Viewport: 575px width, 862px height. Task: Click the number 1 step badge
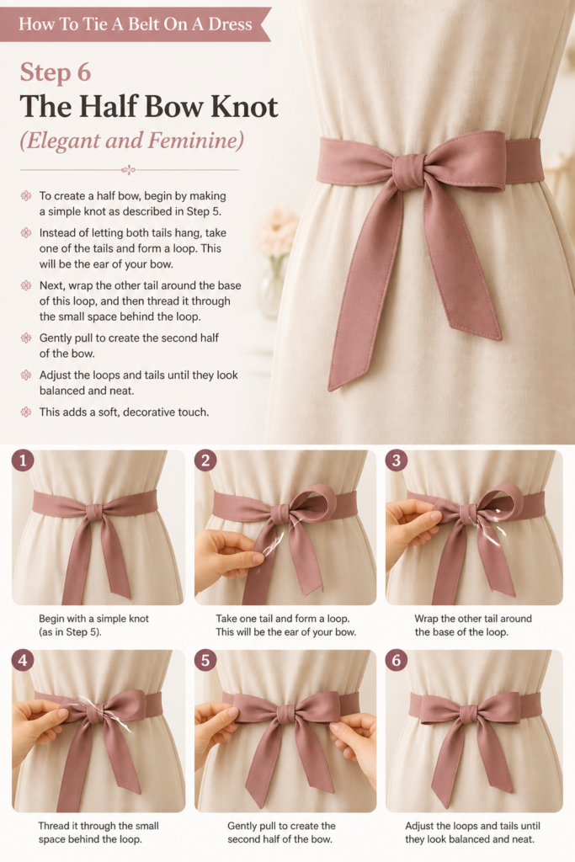23,460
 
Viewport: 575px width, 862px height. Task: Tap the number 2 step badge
205,460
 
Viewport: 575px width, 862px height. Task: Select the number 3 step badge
397,460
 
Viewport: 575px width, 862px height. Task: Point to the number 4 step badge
23,660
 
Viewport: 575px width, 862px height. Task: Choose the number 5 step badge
205,660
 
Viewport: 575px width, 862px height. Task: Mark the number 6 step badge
397,660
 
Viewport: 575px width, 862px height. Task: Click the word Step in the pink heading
45,73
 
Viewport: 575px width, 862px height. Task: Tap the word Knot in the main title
244,106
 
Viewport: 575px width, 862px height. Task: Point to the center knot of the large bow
409,171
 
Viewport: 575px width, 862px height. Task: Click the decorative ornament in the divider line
129,170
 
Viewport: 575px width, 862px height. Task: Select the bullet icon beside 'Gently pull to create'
26,338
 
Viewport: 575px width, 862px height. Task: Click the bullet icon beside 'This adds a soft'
26,412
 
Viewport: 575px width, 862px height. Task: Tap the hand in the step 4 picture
39,726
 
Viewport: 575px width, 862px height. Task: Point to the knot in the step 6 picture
468,714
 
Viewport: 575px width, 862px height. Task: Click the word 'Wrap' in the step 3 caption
427,619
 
